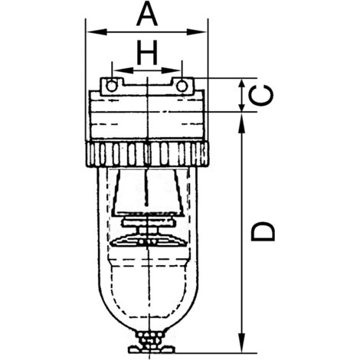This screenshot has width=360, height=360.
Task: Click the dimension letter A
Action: click(x=146, y=14)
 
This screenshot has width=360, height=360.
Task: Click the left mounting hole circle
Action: click(x=112, y=86)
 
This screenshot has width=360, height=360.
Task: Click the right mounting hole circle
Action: click(x=182, y=86)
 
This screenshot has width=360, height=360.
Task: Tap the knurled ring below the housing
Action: click(x=146, y=155)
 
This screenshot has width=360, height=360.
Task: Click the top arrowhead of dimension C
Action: click(x=242, y=82)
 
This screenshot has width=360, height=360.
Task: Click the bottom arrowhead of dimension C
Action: click(x=242, y=108)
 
